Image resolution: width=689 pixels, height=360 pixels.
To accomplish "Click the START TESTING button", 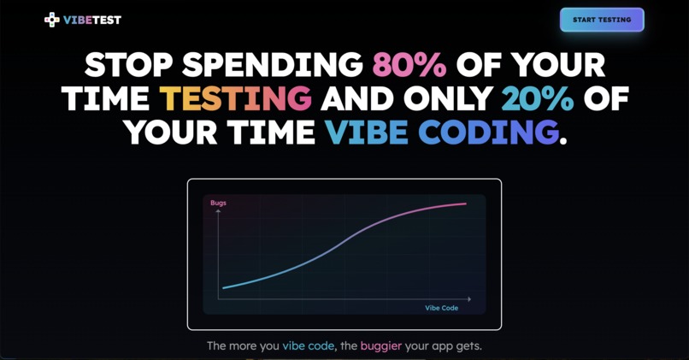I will click(602, 20).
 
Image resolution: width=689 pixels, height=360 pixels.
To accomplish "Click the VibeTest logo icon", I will click(52, 20).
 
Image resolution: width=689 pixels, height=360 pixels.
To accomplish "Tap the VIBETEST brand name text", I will click(92, 20).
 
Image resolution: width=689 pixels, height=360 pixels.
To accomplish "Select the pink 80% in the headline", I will click(409, 65).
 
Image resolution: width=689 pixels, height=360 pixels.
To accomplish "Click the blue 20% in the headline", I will click(537, 98).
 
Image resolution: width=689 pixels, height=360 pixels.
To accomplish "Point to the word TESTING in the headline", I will click(235, 98).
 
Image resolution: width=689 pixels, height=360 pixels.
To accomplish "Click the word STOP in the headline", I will click(127, 65).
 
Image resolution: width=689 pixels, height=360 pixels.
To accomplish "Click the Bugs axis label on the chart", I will click(218, 203).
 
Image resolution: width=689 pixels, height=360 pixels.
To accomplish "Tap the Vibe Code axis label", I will click(442, 308).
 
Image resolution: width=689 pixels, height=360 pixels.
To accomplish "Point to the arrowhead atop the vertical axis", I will click(219, 210).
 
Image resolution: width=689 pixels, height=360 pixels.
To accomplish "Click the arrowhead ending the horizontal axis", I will click(468, 299).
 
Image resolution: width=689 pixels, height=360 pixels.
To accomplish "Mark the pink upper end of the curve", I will click(464, 204).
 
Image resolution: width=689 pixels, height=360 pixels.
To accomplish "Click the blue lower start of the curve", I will click(224, 287).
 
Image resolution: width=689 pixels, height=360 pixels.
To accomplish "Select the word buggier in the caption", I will click(380, 346).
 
